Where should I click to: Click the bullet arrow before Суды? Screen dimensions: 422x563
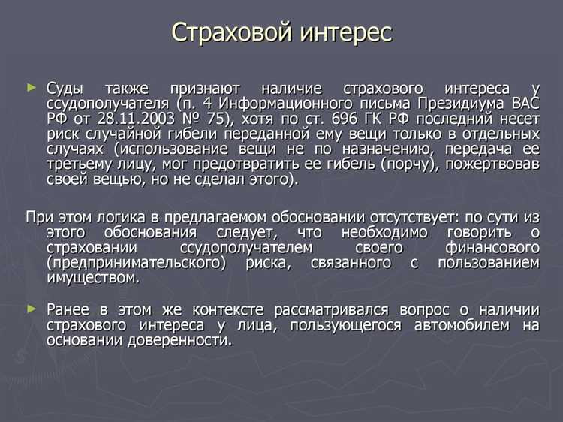pos(31,88)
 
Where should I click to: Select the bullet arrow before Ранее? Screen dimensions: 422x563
pos(31,309)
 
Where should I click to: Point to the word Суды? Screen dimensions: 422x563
pos(68,88)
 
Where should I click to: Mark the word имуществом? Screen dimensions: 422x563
pos(92,278)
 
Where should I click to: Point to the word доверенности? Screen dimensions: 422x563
pos(184,340)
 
